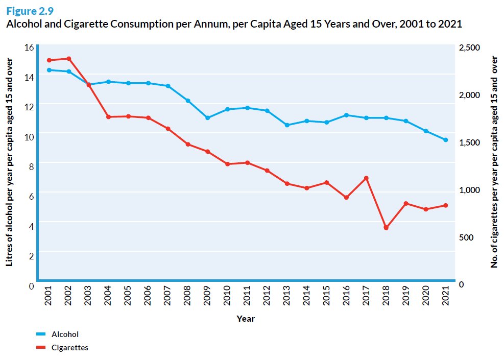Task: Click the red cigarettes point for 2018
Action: pos(386,228)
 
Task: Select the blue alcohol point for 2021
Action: pos(446,140)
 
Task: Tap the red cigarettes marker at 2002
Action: pos(69,59)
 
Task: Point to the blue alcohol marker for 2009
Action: pos(207,118)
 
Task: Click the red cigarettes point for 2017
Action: pos(366,178)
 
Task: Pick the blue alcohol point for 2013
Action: pos(287,125)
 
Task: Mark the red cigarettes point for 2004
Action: pos(108,117)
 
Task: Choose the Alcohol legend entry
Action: pos(64,334)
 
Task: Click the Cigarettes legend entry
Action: pos(69,348)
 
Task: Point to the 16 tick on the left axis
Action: pos(29,47)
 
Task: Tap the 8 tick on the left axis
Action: pos(31,166)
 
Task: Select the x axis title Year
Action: pos(246,319)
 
